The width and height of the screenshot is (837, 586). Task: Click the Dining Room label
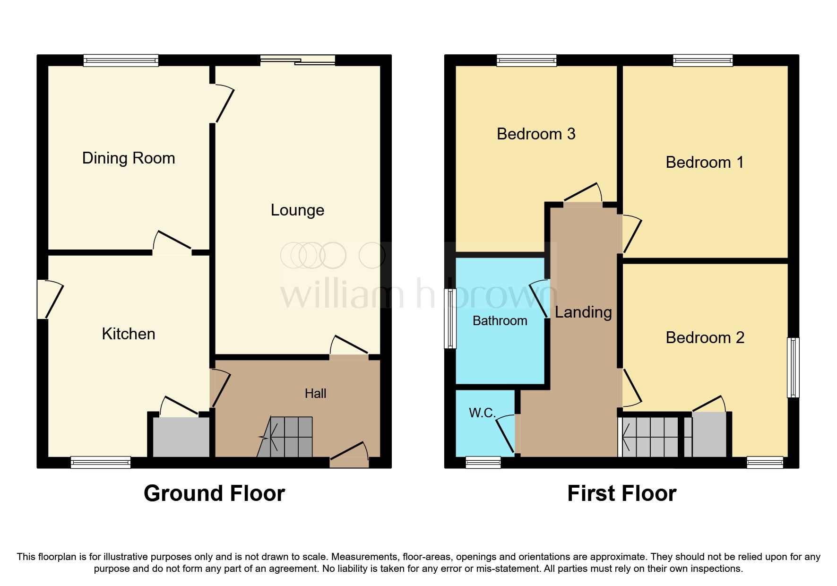point(129,158)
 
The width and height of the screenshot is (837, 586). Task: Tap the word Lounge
point(297,210)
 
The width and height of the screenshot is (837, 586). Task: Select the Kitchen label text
point(129,334)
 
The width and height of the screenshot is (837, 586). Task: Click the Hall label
point(315,393)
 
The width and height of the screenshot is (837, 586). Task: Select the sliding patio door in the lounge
point(298,60)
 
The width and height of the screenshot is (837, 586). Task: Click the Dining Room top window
point(121,60)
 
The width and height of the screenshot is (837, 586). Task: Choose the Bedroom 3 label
point(536,134)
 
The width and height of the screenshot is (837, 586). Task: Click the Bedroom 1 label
point(705,163)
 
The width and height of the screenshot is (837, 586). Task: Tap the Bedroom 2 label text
point(705,338)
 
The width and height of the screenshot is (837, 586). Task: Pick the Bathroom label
point(500,321)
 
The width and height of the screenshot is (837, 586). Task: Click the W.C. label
point(482,413)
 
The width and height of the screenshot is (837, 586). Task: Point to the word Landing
point(583,312)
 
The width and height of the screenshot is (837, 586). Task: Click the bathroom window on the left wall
point(450,319)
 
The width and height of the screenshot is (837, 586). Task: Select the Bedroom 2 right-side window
point(793,367)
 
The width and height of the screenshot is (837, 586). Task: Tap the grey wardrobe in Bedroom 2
point(709,435)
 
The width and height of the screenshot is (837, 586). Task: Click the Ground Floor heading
point(214,493)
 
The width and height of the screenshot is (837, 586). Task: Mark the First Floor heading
point(621,493)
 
